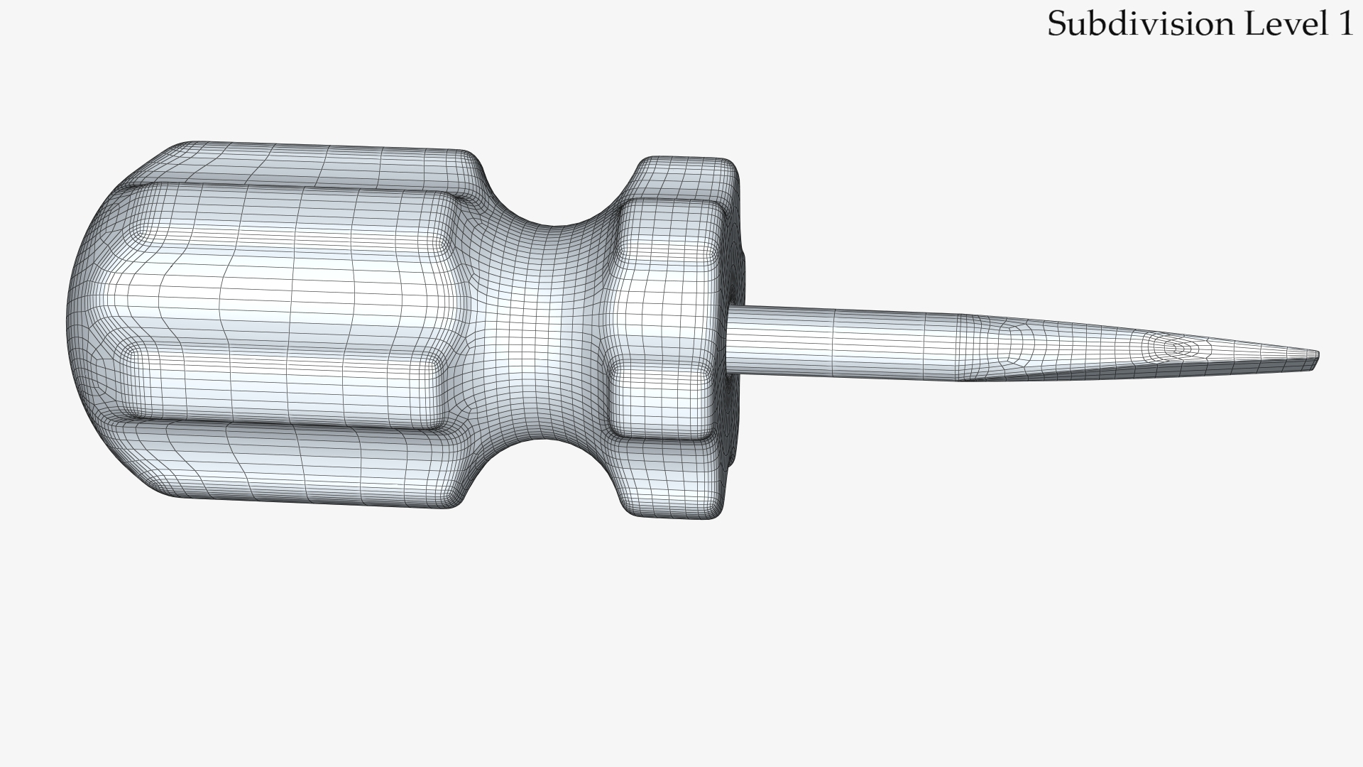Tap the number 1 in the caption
click(x=1345, y=23)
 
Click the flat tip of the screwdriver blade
click(x=1315, y=360)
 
